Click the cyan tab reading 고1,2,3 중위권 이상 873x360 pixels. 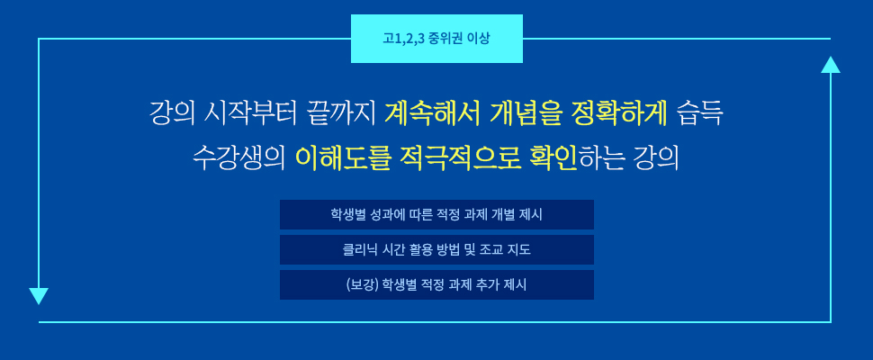point(436,39)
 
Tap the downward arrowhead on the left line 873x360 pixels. point(39,296)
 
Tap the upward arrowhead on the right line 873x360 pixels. point(830,65)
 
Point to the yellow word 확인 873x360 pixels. point(555,158)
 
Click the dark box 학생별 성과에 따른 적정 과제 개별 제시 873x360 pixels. point(436,214)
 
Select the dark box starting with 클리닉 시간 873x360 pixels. point(436,249)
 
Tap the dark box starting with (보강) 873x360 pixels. point(436,284)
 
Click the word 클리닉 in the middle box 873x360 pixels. point(358,249)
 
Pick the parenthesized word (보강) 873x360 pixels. point(362,284)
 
